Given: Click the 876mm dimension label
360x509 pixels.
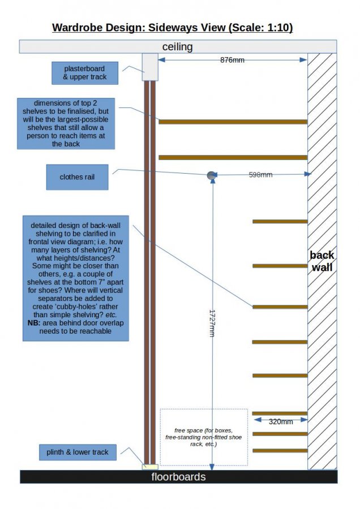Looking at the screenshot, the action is click(x=232, y=60).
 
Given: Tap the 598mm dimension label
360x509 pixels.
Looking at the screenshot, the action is click(x=260, y=175).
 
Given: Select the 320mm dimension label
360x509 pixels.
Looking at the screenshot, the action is click(x=281, y=422).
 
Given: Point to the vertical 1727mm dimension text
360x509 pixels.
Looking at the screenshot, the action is click(x=212, y=323).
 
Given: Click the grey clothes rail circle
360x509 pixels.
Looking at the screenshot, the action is click(x=212, y=176).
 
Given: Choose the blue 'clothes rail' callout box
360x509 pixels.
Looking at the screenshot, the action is click(x=78, y=177).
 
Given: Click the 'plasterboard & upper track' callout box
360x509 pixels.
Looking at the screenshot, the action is click(x=85, y=73).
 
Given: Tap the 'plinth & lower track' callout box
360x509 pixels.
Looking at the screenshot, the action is click(x=78, y=452).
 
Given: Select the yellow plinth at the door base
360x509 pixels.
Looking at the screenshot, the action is click(x=150, y=467).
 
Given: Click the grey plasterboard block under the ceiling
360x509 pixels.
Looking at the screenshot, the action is click(x=150, y=67).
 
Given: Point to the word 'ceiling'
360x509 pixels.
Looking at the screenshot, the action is click(x=177, y=47).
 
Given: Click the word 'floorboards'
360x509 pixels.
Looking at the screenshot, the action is click(x=178, y=477).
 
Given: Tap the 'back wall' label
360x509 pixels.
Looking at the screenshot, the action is click(x=322, y=261).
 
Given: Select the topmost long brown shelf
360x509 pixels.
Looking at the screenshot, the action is click(x=233, y=122).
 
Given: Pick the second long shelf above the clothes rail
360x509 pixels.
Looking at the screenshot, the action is click(x=233, y=157).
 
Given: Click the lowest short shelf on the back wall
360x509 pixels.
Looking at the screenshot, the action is click(x=280, y=451).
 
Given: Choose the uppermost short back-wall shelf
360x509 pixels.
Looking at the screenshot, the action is click(x=280, y=221).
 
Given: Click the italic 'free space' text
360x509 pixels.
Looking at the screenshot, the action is click(x=203, y=437).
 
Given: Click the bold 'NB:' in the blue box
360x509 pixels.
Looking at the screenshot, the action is click(x=34, y=323).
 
